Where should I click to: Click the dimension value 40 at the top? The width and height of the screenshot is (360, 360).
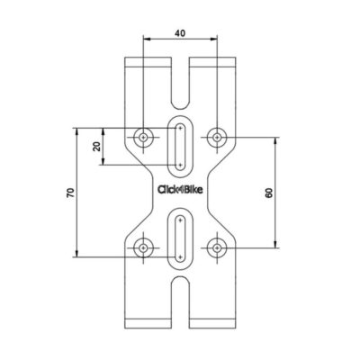point(180,33)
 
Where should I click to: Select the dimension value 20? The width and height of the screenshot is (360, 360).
point(96,147)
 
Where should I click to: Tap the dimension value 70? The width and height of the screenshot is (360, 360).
point(70,193)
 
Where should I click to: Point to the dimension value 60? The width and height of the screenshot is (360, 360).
point(269,193)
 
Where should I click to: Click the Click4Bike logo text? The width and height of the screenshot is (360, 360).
point(180,190)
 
